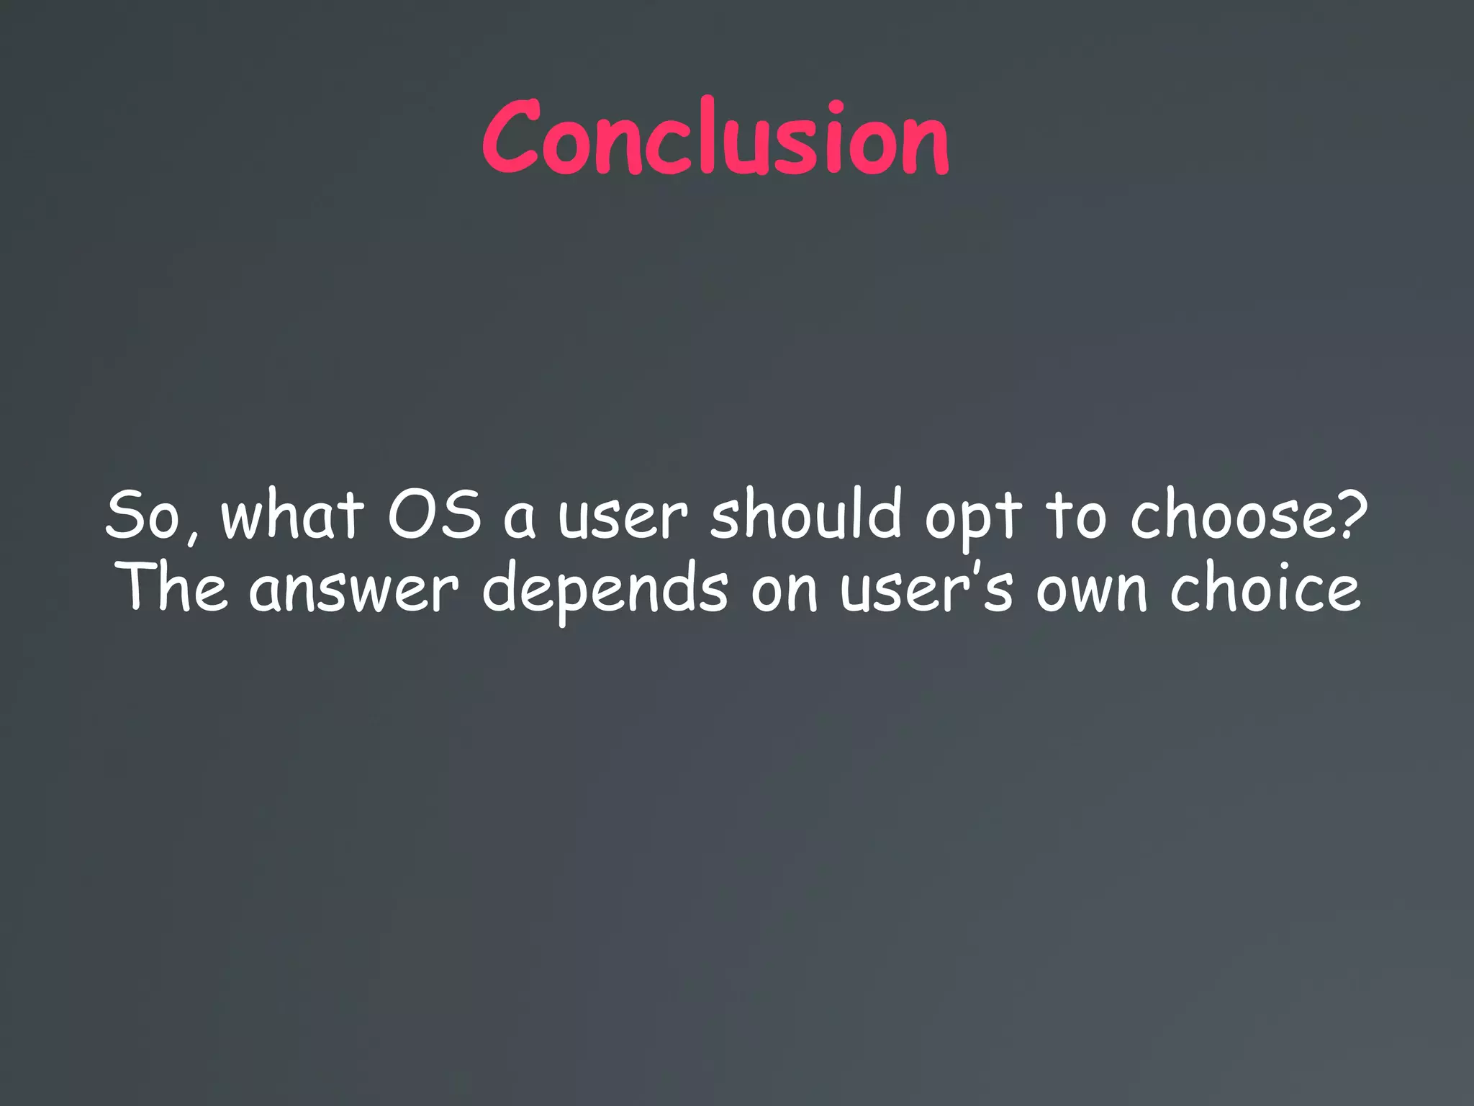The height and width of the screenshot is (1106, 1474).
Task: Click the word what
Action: [291, 514]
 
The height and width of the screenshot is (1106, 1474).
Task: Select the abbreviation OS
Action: [435, 514]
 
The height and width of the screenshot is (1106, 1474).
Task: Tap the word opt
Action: [973, 520]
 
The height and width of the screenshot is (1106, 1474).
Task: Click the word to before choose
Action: [1075, 516]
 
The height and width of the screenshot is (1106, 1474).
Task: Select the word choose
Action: [1235, 514]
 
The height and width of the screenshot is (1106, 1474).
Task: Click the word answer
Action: [353, 592]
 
